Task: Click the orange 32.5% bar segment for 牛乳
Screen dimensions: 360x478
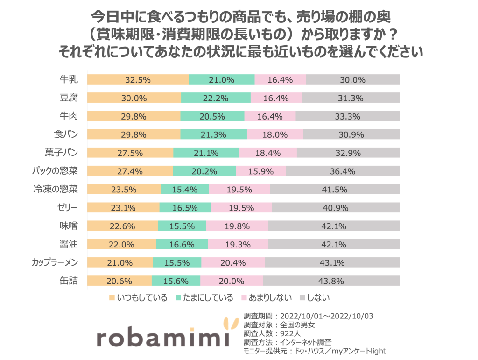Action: pyautogui.click(x=138, y=80)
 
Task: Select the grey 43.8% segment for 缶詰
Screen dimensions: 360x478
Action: pyautogui.click(x=331, y=281)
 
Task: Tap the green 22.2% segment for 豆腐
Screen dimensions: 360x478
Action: pyautogui.click(x=216, y=98)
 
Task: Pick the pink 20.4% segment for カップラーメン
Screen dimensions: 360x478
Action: pyautogui.click(x=232, y=263)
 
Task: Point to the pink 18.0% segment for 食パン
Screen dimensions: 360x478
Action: pyautogui.click(x=275, y=134)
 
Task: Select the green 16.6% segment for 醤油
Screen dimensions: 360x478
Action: pyautogui.click(x=182, y=245)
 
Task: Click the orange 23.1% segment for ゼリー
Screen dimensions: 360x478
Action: pyautogui.click(x=123, y=208)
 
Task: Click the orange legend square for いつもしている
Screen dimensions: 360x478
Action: pyautogui.click(x=112, y=297)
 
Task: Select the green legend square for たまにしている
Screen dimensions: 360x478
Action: pyautogui.click(x=178, y=297)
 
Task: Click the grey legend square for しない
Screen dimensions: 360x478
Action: pyautogui.click(x=301, y=297)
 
